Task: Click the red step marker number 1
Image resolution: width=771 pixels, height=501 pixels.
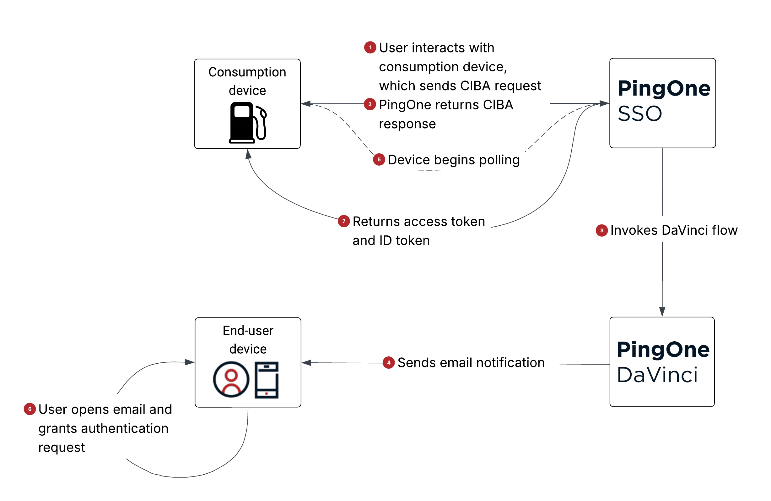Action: tap(370, 47)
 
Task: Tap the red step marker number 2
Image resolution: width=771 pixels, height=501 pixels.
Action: tap(369, 104)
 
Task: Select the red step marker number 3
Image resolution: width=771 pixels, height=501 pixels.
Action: tap(601, 230)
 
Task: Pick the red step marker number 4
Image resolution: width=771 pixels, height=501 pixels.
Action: tap(388, 362)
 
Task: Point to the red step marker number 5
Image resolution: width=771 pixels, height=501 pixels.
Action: tap(379, 159)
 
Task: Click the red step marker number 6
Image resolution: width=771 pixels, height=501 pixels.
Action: tap(30, 409)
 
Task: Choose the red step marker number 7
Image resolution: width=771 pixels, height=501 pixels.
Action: tap(344, 221)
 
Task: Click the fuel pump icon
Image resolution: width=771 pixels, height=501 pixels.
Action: tap(247, 123)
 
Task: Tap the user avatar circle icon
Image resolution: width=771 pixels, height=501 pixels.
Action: tap(231, 379)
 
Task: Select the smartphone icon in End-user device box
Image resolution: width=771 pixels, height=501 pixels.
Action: tap(266, 380)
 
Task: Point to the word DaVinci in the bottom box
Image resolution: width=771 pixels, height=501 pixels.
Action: tap(657, 375)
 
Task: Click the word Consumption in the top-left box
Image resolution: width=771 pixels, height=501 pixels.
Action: tap(247, 72)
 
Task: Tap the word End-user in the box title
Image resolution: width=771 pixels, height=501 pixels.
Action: tap(248, 330)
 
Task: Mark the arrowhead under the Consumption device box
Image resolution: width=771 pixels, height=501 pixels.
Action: tap(248, 154)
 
